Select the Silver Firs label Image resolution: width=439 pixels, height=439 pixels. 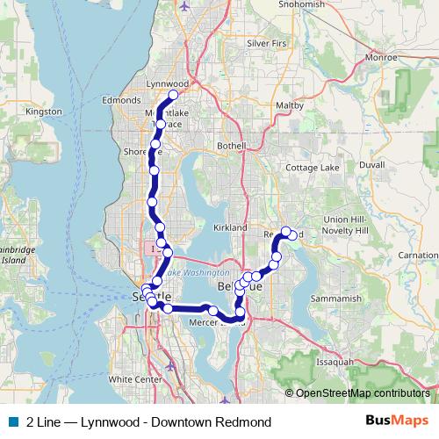[267, 42]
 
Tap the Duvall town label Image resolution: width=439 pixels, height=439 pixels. [372, 164]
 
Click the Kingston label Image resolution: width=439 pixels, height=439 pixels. [44, 112]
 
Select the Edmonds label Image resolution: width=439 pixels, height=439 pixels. [121, 101]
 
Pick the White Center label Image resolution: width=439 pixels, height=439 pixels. [136, 379]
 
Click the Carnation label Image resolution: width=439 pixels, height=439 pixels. [418, 255]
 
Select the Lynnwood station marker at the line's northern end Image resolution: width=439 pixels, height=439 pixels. [174, 95]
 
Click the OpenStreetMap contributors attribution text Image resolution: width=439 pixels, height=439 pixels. [363, 393]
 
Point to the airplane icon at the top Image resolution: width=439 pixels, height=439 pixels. [184, 4]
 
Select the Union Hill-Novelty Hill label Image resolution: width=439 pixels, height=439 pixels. [349, 224]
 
